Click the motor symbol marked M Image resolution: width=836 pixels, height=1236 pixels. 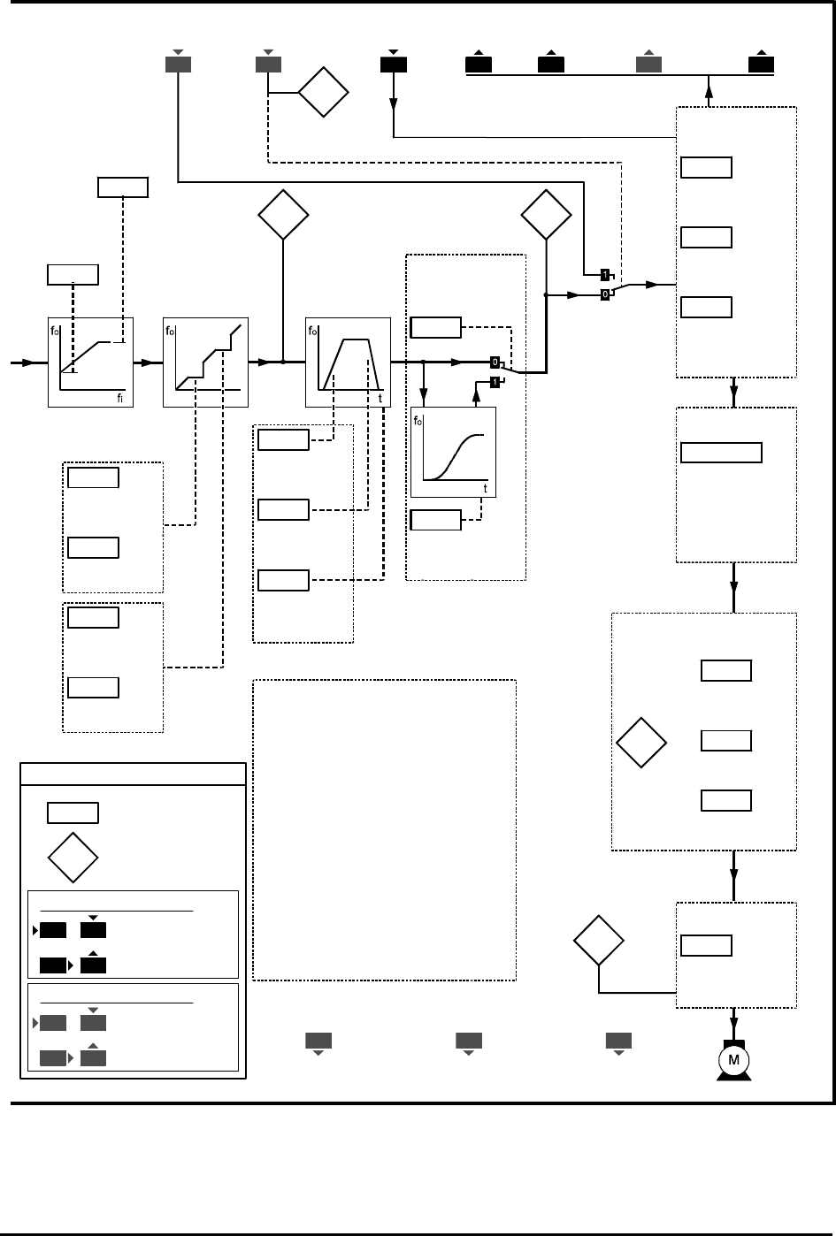pyautogui.click(x=733, y=1060)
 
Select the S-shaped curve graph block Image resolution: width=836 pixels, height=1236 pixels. pyautogui.click(x=454, y=453)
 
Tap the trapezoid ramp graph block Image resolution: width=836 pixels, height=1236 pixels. pyautogui.click(x=348, y=362)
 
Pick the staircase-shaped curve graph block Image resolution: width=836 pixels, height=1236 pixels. pyautogui.click(x=206, y=362)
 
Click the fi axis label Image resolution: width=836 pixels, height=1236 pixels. pyautogui.click(x=119, y=399)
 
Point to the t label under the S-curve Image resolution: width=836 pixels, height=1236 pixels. pyautogui.click(x=485, y=488)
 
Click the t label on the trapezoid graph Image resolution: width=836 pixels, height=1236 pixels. pyautogui.click(x=380, y=399)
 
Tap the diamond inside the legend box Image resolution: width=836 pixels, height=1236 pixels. pyautogui.click(x=73, y=857)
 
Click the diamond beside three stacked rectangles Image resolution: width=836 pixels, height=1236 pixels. pyautogui.click(x=641, y=744)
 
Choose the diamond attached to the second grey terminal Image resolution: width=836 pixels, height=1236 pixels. pyautogui.click(x=323, y=92)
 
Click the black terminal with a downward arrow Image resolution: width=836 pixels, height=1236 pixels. pyautogui.click(x=393, y=64)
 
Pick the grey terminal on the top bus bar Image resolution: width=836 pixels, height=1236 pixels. pyautogui.click(x=648, y=64)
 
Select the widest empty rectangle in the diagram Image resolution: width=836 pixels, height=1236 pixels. pyautogui.click(x=722, y=452)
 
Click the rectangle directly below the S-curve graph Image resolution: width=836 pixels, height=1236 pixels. pyautogui.click(x=435, y=520)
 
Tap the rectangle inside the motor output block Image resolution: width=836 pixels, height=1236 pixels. pyautogui.click(x=706, y=945)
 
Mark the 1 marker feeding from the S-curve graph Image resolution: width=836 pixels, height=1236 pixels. pyautogui.click(x=495, y=382)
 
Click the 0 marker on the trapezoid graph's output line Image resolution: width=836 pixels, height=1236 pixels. pyautogui.click(x=495, y=362)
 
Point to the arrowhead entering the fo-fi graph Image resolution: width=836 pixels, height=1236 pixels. pyautogui.click(x=29, y=362)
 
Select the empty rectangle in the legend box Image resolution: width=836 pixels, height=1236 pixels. pyautogui.click(x=73, y=813)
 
